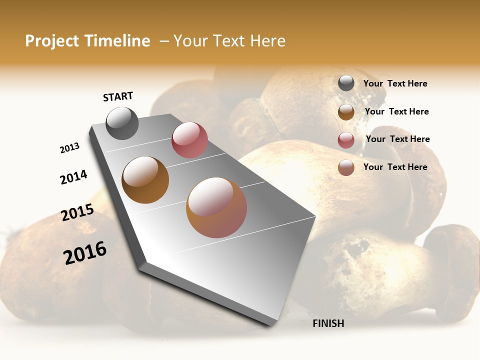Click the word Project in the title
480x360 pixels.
52,41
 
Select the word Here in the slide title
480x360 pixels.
267,41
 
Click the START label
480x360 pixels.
118,96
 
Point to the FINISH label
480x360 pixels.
328,323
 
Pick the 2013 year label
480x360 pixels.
69,148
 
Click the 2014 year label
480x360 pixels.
73,177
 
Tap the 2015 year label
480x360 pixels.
77,212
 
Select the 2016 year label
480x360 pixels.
85,253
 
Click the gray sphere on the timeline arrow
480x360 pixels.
122,123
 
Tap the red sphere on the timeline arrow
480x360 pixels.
189,140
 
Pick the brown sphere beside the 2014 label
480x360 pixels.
145,180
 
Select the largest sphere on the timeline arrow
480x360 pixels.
216,207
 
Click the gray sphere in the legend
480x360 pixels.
346,83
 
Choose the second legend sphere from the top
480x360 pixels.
346,112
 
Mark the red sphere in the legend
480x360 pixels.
346,140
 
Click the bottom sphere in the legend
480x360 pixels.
346,167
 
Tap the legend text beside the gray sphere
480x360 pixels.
395,83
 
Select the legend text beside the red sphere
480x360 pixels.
397,139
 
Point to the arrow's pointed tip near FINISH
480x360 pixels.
272,325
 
